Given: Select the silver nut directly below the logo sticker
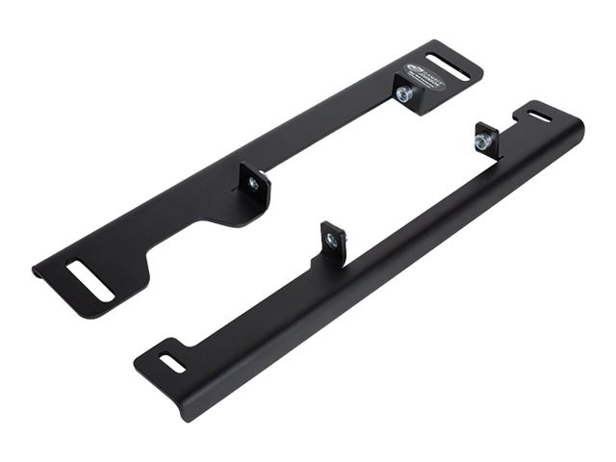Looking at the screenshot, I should (404, 94).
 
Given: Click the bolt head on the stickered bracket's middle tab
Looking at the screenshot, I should (252, 184).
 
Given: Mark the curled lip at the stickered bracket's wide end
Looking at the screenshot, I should (38, 273).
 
